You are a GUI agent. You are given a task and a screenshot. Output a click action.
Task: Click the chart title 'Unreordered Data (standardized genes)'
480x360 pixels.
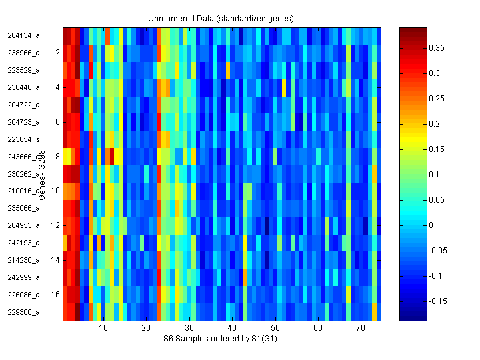tap(221, 18)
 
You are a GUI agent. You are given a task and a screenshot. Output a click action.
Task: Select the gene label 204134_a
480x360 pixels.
tap(24, 35)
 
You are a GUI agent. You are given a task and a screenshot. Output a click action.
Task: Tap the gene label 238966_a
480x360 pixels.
tap(24, 53)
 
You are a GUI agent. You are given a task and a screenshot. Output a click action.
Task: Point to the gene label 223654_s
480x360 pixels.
tap(24, 139)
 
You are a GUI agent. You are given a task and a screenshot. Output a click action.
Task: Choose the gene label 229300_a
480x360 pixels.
tap(24, 312)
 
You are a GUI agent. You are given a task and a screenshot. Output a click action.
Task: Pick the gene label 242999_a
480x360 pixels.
tap(24, 277)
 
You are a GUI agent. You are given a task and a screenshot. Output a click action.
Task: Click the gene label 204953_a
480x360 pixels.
tap(24, 225)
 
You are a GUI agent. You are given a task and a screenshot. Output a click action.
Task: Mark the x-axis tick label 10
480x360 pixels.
tap(103, 329)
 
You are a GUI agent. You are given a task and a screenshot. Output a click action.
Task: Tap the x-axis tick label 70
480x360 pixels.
tap(361, 329)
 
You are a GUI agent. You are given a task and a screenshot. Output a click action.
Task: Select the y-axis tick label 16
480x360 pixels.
tap(55, 294)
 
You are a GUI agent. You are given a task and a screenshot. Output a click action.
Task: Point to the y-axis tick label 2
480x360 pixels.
tap(57, 53)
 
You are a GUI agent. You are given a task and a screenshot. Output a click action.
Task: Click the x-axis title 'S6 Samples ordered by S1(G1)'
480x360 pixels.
tap(221, 339)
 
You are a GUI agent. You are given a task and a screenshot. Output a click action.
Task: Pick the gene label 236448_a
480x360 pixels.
tap(24, 87)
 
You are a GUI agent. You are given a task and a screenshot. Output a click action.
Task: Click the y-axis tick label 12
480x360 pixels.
tap(55, 225)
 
